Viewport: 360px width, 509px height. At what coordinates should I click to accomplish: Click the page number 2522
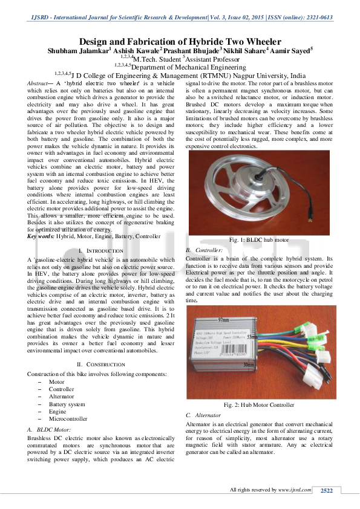pos(327,490)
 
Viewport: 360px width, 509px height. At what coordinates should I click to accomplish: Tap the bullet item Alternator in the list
pos(61,397)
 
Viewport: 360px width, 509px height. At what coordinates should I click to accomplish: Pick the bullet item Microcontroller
pos(68,418)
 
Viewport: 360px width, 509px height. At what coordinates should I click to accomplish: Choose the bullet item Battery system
pos(67,404)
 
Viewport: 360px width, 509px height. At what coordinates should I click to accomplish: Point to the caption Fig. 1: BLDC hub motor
pos(260,240)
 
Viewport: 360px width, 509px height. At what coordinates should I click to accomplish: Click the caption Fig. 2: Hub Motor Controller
pos(260,404)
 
